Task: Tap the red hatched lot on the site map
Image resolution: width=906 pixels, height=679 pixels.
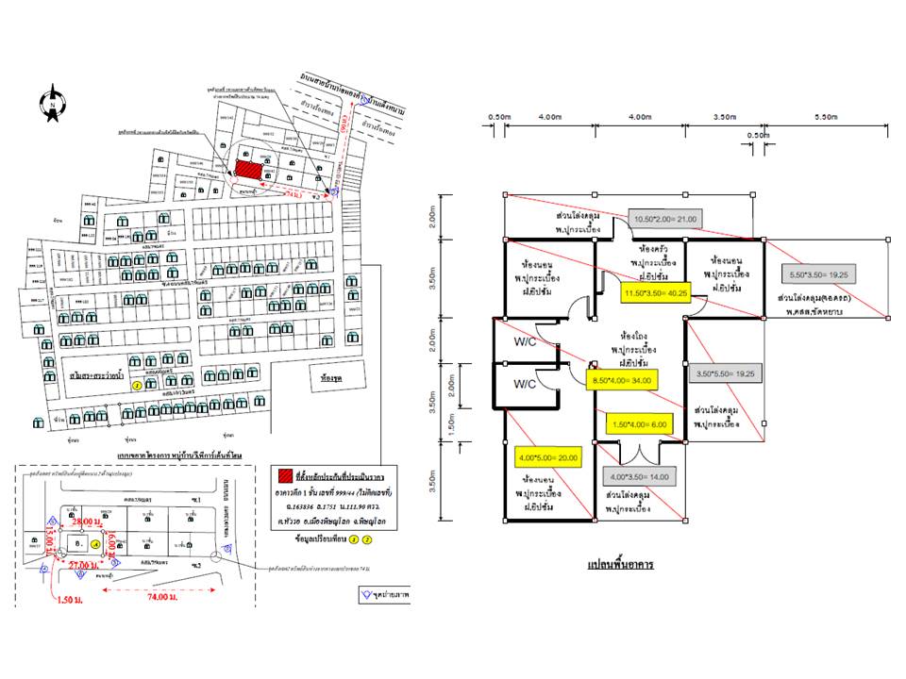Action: click(x=248, y=167)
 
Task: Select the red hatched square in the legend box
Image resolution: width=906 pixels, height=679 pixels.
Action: click(x=281, y=474)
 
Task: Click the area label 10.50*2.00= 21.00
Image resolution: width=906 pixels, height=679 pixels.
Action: click(x=665, y=219)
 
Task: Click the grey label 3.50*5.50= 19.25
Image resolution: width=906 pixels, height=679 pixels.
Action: click(x=724, y=373)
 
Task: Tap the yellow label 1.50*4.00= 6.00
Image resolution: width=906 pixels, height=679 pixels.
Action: click(x=639, y=424)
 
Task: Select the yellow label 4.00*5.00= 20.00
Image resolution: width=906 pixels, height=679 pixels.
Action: click(x=548, y=457)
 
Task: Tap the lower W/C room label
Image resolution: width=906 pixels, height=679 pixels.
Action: click(x=526, y=385)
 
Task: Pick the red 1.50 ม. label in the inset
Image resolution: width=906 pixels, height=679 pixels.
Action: click(x=72, y=599)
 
